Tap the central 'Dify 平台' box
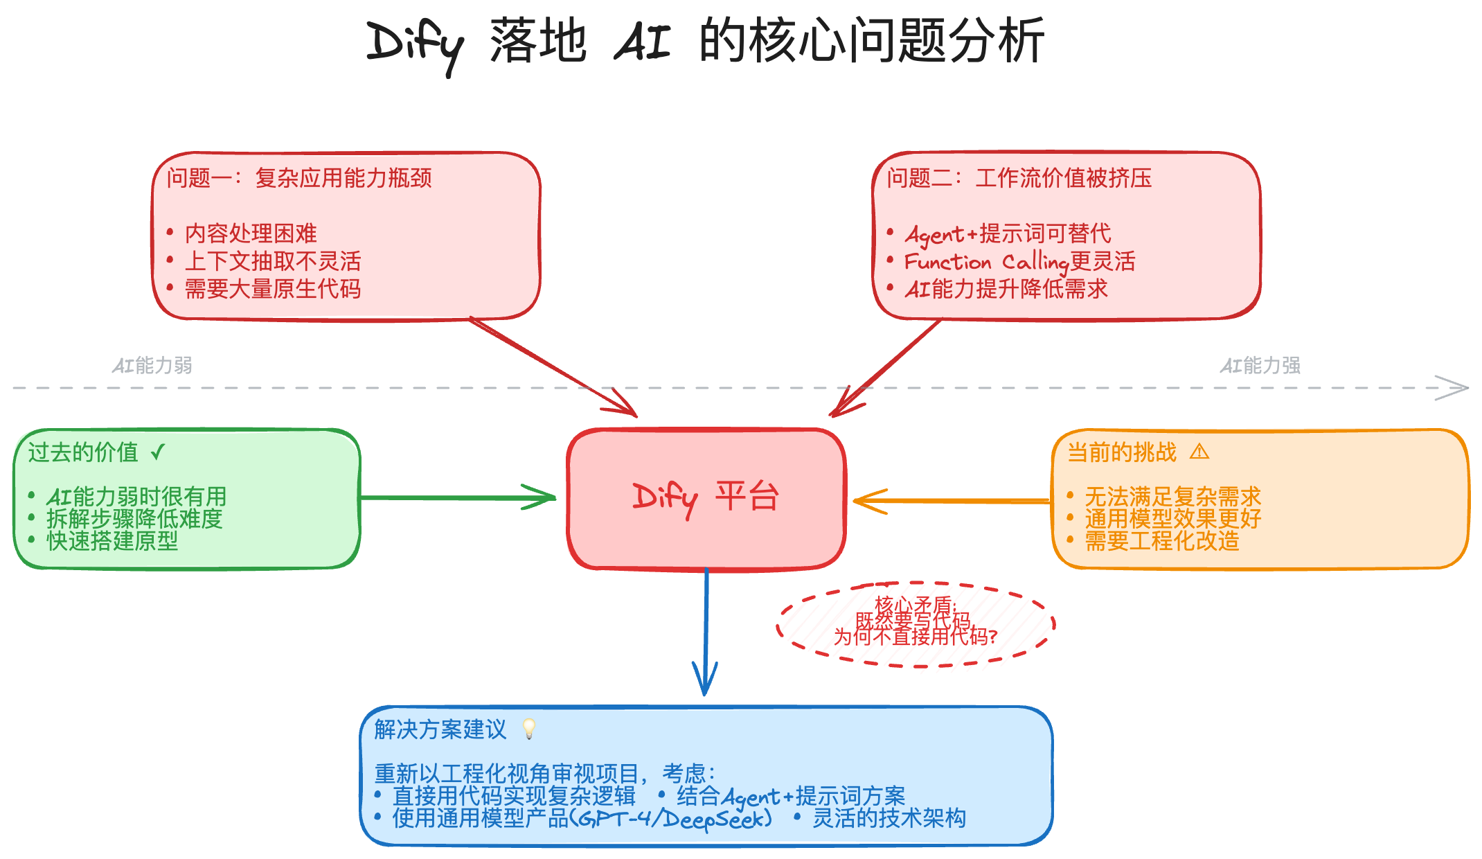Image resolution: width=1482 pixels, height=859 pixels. point(706,498)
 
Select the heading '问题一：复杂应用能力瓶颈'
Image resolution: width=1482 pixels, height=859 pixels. point(299,178)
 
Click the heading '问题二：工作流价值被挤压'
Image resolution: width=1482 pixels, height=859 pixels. point(1019,178)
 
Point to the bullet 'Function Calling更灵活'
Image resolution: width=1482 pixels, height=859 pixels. point(1019,262)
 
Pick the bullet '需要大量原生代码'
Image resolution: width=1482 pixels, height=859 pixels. point(273,289)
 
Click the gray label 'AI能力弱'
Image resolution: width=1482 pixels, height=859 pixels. point(152,365)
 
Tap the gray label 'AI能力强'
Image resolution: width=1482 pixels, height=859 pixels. point(1260,365)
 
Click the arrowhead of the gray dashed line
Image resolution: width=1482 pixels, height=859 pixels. point(1454,388)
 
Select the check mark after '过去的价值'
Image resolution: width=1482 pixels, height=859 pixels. point(158,452)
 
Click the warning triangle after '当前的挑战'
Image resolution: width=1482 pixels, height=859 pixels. point(1199,452)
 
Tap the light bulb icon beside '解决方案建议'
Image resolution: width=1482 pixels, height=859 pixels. point(529,729)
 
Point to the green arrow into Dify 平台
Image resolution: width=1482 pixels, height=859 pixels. point(457,497)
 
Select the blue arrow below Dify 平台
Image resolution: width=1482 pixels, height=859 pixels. point(706,630)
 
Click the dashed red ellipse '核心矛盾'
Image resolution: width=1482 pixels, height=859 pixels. point(916,623)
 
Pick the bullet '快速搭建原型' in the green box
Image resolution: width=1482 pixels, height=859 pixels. point(112,541)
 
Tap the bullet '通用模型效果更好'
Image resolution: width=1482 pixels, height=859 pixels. point(1172,519)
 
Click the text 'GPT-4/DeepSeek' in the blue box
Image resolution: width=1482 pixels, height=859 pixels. point(675,819)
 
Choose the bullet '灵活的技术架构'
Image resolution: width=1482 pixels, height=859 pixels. point(889,819)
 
